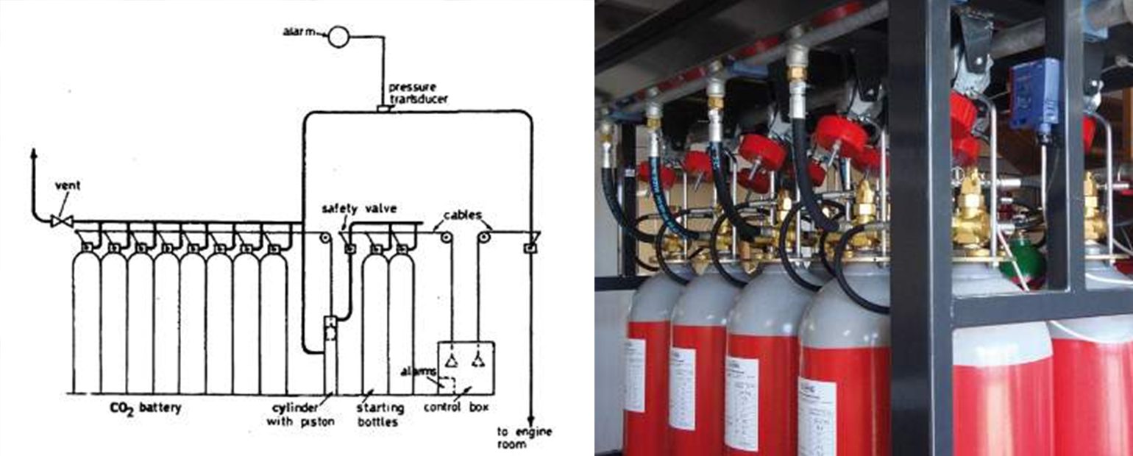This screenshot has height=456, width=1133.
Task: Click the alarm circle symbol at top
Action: point(338,36)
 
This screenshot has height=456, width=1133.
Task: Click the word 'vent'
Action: point(67,186)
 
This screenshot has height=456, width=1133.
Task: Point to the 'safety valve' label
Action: point(359,209)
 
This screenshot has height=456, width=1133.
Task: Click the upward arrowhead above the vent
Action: point(33,153)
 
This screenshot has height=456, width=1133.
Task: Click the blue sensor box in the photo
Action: point(1033,94)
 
